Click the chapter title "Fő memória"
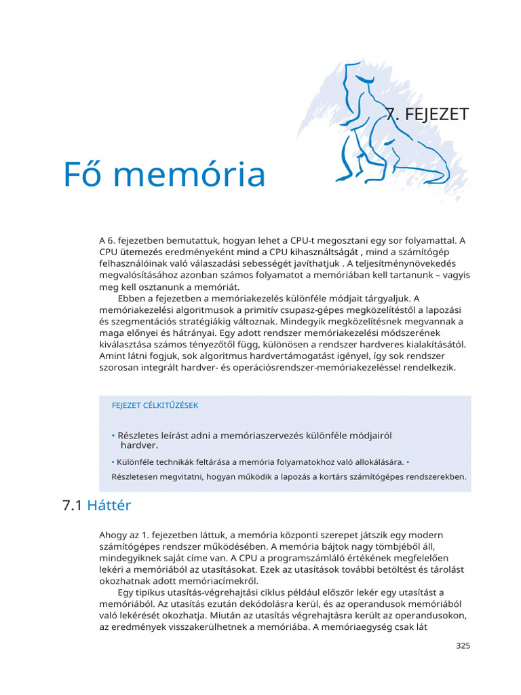(x=164, y=174)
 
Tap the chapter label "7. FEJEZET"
(x=427, y=114)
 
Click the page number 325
(x=463, y=645)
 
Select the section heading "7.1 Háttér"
(x=96, y=506)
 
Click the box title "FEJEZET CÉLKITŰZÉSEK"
(x=155, y=405)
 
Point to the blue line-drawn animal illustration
(x=380, y=129)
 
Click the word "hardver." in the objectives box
(x=139, y=445)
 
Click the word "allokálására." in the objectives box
(x=373, y=462)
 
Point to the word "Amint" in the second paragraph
(x=113, y=356)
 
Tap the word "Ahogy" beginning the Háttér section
(x=113, y=535)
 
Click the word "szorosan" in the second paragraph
(x=119, y=367)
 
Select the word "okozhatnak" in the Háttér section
(x=126, y=581)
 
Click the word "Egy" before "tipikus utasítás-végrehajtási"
(x=126, y=593)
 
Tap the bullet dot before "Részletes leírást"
(x=113, y=435)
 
